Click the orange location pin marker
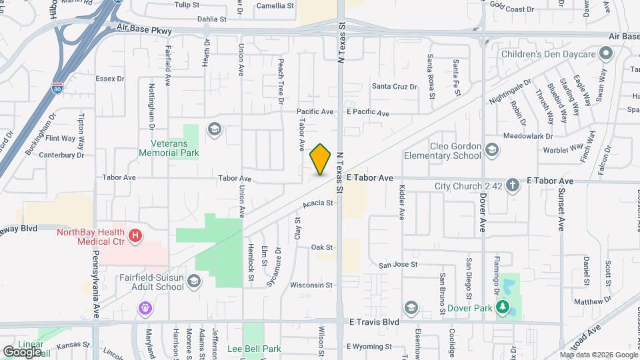pyautogui.click(x=321, y=159)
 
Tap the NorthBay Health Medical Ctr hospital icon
pyautogui.click(x=135, y=235)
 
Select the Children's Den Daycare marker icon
pyautogui.click(x=606, y=52)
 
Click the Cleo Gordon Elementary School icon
pyautogui.click(x=492, y=149)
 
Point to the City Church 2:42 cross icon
pyautogui.click(x=513, y=185)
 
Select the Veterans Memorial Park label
pyautogui.click(x=169, y=149)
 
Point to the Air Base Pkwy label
pyautogui.click(x=144, y=30)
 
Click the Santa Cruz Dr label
pyautogui.click(x=394, y=86)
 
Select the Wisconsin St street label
pyautogui.click(x=311, y=285)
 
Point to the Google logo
pyautogui.click(x=22, y=351)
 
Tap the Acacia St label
pyautogui.click(x=317, y=203)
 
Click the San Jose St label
pyautogui.click(x=398, y=264)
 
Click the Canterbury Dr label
pyautogui.click(x=61, y=155)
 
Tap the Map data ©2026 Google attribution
pyautogui.click(x=598, y=355)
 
